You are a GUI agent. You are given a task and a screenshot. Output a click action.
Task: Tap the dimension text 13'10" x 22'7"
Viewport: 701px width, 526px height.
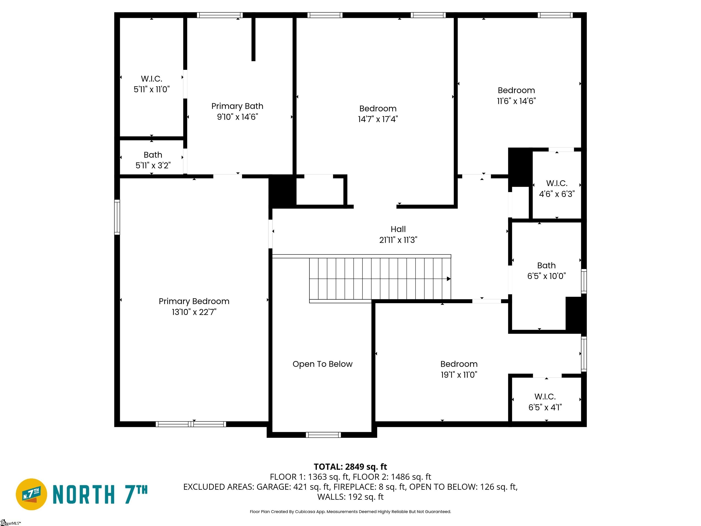(x=194, y=312)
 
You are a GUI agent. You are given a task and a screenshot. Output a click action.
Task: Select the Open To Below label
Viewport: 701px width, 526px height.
(x=322, y=364)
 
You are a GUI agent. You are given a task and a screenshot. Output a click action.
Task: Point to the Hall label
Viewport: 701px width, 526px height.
(x=398, y=229)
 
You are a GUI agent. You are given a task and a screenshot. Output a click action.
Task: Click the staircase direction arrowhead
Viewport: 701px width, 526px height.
(x=449, y=279)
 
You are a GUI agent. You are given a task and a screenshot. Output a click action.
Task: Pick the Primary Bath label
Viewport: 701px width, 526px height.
(x=237, y=106)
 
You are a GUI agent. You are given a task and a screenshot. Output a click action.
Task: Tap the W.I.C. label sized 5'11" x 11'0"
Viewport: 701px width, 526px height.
(x=152, y=79)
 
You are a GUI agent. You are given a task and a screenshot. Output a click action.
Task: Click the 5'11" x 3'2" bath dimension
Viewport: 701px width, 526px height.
(x=153, y=165)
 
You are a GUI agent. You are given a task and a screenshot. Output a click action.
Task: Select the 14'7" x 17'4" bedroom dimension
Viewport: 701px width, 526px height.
(x=378, y=119)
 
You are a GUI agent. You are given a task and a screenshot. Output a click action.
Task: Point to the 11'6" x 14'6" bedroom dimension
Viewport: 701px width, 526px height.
(x=516, y=101)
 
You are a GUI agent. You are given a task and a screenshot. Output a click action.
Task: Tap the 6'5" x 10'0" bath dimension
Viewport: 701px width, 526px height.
(x=546, y=276)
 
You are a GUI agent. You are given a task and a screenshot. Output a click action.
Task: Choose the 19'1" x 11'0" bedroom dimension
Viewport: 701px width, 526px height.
(x=459, y=374)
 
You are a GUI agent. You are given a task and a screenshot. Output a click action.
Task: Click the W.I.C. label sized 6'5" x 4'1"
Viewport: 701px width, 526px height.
(x=545, y=397)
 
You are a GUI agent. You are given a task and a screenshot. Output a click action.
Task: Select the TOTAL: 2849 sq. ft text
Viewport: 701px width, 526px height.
(x=350, y=467)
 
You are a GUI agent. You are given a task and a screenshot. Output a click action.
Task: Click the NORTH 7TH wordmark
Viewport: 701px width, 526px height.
(x=100, y=494)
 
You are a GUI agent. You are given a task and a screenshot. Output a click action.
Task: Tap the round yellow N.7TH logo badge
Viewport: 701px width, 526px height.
(x=31, y=494)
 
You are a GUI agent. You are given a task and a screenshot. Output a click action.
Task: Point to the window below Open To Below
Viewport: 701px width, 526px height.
(x=323, y=435)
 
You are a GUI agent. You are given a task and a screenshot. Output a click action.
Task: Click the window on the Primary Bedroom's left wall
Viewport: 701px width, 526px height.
(x=117, y=217)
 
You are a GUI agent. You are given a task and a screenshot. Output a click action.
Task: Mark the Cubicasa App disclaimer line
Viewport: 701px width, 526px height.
(x=350, y=511)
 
